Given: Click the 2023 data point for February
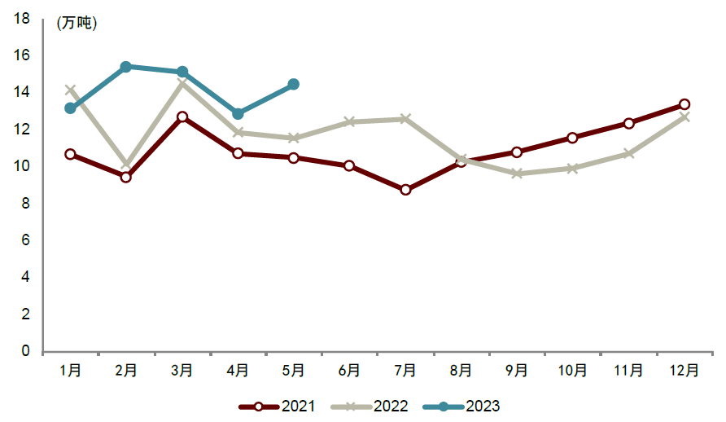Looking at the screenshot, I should click(x=125, y=67).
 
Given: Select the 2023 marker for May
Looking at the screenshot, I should click(x=293, y=84).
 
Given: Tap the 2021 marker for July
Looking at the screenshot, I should click(x=405, y=190).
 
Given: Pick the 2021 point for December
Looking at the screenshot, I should click(x=684, y=104).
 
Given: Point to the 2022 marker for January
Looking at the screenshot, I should click(x=70, y=90).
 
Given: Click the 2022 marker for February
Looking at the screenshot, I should click(x=125, y=165).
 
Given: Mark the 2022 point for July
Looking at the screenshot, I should click(x=405, y=119).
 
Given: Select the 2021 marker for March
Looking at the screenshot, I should click(x=181, y=117).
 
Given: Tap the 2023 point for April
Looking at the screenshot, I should click(x=238, y=114).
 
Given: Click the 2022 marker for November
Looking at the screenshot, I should click(x=628, y=153).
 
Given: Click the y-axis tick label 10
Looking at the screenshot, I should click(x=21, y=166).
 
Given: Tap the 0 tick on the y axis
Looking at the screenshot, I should click(x=25, y=352).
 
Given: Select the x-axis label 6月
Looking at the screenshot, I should click(x=349, y=370).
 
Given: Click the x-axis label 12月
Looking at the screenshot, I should click(x=684, y=370).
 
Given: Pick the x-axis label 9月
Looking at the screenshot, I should click(x=517, y=370).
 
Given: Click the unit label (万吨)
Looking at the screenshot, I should click(x=77, y=24).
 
